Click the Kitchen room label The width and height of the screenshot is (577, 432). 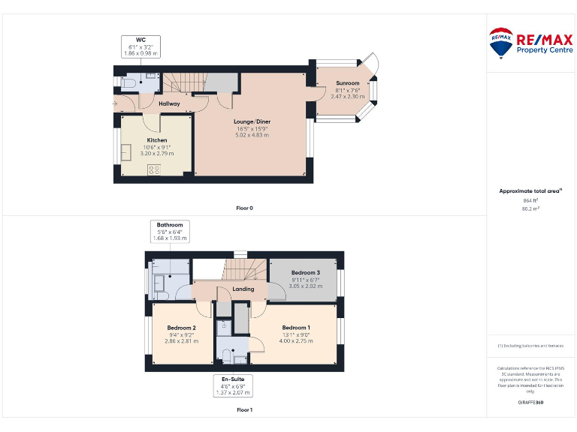(157, 140)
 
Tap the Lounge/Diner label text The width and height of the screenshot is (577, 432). (252, 121)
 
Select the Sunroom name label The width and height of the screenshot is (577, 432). (347, 83)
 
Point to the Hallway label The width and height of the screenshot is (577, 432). (169, 104)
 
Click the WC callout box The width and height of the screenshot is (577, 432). (140, 47)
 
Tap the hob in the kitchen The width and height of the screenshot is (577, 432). (155, 169)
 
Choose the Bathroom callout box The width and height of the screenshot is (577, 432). (170, 232)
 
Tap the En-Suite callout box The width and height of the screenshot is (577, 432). (231, 385)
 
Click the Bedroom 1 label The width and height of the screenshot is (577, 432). (295, 328)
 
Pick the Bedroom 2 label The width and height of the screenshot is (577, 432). (181, 328)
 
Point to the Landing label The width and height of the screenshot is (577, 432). (243, 289)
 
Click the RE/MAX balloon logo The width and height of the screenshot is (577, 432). (501, 43)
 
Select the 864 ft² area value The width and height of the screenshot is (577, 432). (530, 200)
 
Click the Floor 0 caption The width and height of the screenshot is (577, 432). (244, 208)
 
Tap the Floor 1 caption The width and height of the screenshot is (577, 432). (244, 410)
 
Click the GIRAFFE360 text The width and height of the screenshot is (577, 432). (530, 403)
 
